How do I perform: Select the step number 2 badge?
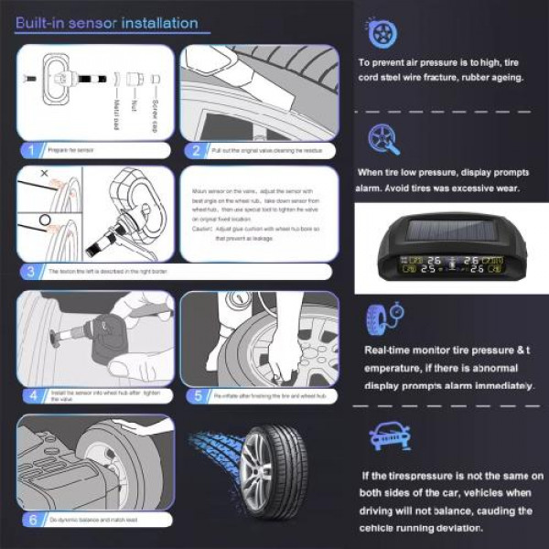195,150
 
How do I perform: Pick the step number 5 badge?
195,395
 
